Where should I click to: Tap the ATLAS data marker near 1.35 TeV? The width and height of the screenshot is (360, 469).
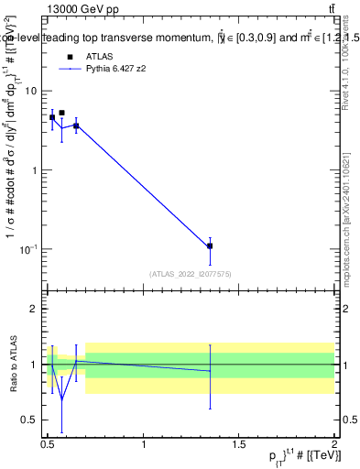click(210, 245)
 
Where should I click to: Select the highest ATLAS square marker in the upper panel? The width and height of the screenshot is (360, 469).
click(61, 113)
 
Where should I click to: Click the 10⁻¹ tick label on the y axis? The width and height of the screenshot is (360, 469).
click(29, 249)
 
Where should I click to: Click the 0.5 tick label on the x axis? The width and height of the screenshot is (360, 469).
click(48, 444)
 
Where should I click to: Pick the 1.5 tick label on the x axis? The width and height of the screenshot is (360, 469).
click(239, 444)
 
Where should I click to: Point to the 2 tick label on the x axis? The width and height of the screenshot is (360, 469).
click(334, 444)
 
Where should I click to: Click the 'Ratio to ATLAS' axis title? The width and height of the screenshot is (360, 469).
click(12, 364)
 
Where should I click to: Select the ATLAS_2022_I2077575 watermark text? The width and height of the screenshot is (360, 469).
click(190, 273)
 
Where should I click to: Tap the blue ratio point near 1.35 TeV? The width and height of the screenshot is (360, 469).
click(210, 371)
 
